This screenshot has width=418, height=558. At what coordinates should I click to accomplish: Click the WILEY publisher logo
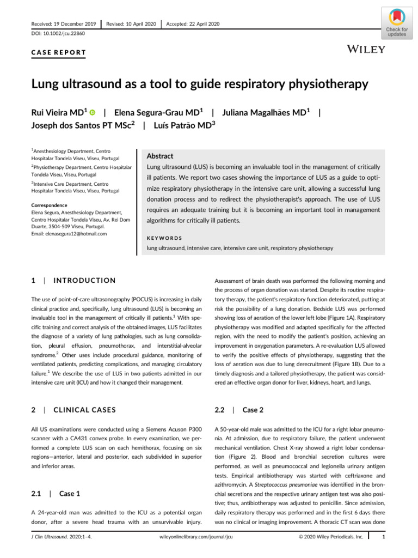tap(366, 50)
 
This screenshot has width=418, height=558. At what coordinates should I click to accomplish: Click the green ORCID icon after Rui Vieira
tap(93, 113)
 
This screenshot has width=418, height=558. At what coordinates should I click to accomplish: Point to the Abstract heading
tap(160, 155)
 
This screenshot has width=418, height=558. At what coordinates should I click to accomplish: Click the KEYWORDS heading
tap(164, 238)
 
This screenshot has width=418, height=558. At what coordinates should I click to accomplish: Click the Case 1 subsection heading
tap(70, 493)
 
